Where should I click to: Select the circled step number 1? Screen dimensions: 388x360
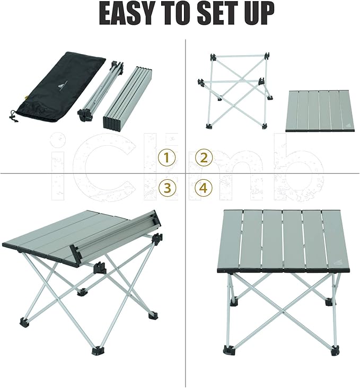[168, 157]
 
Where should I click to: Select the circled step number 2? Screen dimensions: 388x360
[204, 157]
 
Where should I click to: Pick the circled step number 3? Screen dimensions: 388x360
[168, 188]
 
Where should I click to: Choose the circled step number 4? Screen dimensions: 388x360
[204, 188]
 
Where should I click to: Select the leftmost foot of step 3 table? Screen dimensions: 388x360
[24, 321]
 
